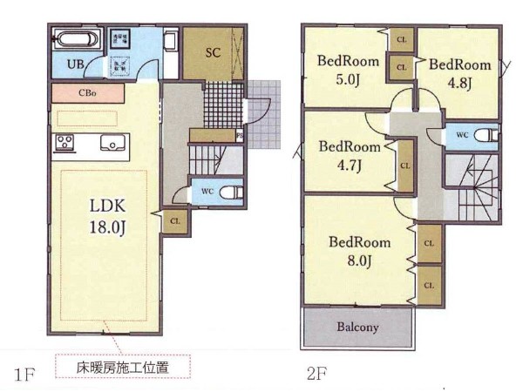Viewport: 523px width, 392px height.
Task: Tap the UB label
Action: pyautogui.click(x=75, y=64)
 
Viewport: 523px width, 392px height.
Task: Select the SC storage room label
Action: pyautogui.click(x=213, y=52)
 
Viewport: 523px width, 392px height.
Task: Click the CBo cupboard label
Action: pyautogui.click(x=87, y=92)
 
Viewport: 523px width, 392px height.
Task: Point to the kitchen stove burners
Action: pyautogui.click(x=65, y=142)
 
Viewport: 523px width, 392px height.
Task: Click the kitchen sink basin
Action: pyautogui.click(x=112, y=143)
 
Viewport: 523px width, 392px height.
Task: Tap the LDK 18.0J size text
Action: pyautogui.click(x=107, y=216)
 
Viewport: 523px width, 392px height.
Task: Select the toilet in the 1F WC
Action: pyautogui.click(x=231, y=192)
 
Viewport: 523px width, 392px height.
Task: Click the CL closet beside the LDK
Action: pyautogui.click(x=175, y=221)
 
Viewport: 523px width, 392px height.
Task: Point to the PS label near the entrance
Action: pyautogui.click(x=240, y=136)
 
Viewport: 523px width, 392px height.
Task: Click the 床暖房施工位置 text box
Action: pyautogui.click(x=123, y=367)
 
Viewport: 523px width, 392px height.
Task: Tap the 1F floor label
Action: pyautogui.click(x=24, y=375)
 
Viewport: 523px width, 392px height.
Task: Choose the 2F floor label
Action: pyautogui.click(x=316, y=374)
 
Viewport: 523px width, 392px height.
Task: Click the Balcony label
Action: pyautogui.click(x=357, y=327)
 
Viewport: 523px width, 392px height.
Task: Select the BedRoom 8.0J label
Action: pyautogui.click(x=359, y=252)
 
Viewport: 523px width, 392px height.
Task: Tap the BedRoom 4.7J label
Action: pyautogui.click(x=350, y=156)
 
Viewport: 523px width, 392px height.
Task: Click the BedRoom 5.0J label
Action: pyautogui.click(x=348, y=71)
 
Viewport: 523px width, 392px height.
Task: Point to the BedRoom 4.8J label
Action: pyautogui.click(x=459, y=74)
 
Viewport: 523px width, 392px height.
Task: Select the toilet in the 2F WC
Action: pyautogui.click(x=486, y=136)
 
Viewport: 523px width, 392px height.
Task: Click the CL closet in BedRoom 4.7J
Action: pyautogui.click(x=405, y=166)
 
